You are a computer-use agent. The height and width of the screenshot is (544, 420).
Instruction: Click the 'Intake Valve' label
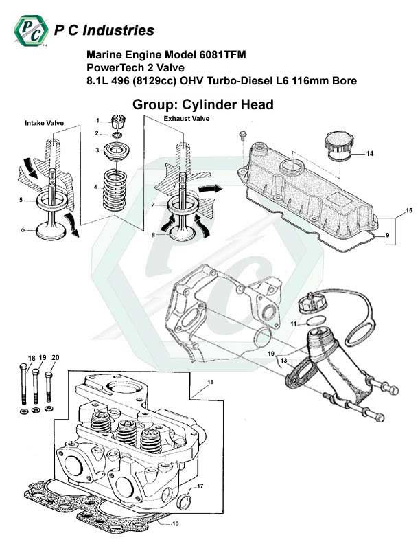44,124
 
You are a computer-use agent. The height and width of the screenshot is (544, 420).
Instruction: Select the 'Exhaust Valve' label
186,118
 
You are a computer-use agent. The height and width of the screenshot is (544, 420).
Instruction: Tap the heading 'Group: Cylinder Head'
197,104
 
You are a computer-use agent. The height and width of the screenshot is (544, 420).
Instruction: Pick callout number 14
370,153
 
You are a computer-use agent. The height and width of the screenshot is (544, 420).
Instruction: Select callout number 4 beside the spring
96,187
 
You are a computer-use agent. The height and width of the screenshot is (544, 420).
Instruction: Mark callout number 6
23,230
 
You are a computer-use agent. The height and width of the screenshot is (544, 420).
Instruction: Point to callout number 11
293,323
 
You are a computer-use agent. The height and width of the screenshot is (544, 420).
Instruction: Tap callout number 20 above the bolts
56,357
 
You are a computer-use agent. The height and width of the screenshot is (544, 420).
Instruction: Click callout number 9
388,236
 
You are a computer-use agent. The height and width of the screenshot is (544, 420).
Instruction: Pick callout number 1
97,120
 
